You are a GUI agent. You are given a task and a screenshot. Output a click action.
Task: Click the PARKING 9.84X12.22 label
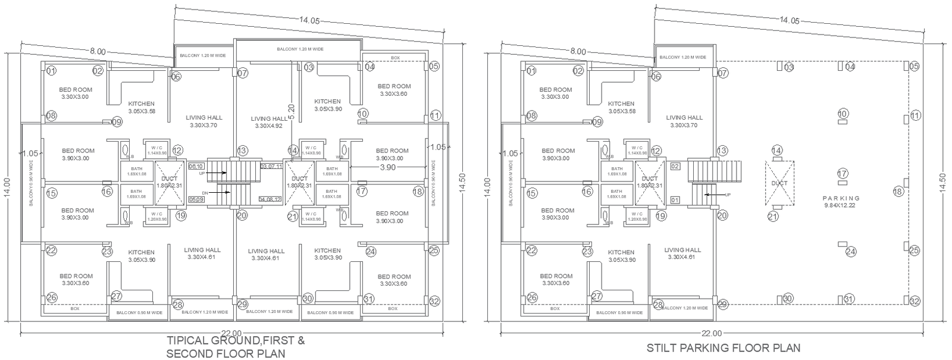(842, 202)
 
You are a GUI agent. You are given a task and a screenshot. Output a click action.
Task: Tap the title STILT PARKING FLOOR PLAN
(723, 348)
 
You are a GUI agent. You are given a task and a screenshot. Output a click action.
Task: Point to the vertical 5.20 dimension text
(292, 109)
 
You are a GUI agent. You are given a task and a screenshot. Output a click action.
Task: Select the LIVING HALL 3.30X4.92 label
(269, 122)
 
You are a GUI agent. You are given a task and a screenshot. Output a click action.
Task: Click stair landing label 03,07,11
(271, 166)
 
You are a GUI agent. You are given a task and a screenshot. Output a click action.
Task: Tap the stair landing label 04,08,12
(270, 199)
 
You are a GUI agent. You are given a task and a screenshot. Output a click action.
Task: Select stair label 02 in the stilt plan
(675, 166)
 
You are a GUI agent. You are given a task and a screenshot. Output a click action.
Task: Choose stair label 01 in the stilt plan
(675, 200)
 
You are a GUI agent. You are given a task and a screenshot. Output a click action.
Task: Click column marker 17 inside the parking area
(842, 173)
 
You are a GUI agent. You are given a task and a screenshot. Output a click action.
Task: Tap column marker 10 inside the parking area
(843, 113)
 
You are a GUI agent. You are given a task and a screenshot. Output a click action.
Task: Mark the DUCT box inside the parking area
(779, 183)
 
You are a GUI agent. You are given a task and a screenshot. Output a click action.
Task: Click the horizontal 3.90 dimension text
(387, 168)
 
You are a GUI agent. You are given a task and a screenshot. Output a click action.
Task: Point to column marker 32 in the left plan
(434, 301)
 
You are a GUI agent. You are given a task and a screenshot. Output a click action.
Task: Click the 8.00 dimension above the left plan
(98, 51)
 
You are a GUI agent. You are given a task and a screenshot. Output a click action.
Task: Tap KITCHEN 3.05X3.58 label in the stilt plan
(621, 107)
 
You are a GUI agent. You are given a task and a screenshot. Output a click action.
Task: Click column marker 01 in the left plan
(51, 71)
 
